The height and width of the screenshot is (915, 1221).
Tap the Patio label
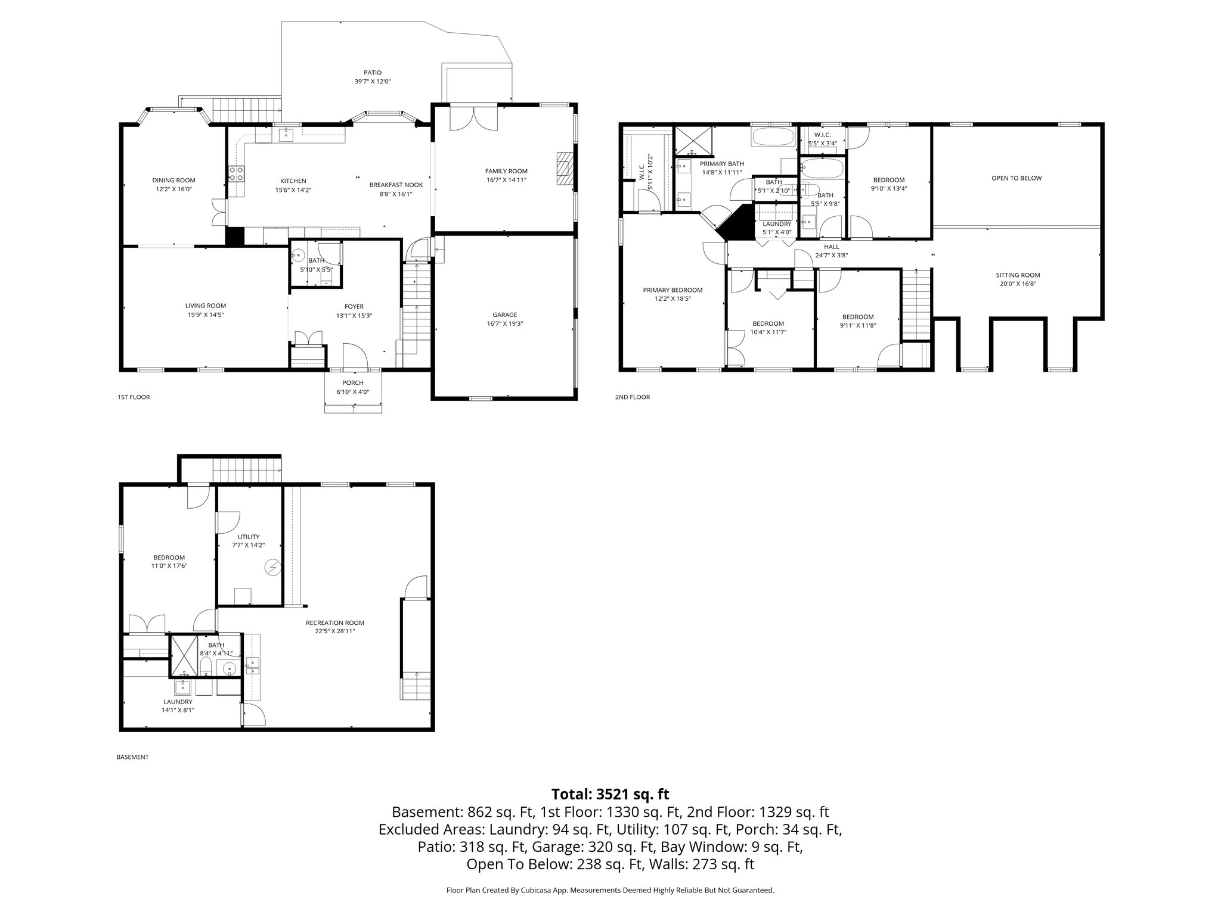click(373, 73)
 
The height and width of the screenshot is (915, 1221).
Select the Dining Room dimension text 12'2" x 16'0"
click(173, 189)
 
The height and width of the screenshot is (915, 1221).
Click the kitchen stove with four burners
click(236, 174)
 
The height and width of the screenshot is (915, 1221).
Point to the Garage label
click(504, 315)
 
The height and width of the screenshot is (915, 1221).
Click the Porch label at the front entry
click(353, 382)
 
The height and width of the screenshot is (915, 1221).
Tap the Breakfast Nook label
click(396, 185)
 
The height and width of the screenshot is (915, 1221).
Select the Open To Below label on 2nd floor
click(1017, 178)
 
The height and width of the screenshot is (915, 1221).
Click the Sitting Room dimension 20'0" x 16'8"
click(1018, 284)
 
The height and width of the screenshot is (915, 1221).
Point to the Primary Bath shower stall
click(695, 141)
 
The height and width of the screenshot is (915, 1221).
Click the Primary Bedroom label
click(673, 290)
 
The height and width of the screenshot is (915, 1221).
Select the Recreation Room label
click(334, 623)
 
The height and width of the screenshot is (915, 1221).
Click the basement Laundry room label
click(177, 702)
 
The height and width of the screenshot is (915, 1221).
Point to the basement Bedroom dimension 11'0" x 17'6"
click(169, 566)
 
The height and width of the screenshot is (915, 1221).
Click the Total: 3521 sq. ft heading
click(610, 794)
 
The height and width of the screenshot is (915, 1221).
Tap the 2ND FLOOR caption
click(633, 397)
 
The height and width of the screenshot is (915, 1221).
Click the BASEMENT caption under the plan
click(132, 757)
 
